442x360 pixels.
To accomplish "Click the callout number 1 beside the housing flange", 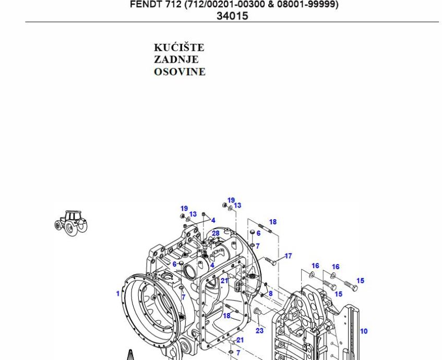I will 118,293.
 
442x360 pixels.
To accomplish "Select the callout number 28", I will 216,233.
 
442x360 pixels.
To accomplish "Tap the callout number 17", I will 288,256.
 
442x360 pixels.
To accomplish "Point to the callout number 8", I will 270,293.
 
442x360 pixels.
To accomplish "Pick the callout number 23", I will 259,330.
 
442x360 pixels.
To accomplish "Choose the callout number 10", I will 364,331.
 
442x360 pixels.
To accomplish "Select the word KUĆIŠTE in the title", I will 179,48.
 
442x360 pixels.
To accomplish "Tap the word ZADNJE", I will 176,60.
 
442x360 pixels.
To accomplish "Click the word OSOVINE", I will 180,72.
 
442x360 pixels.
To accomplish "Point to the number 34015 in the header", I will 232,16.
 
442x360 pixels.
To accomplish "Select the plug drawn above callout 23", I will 257,312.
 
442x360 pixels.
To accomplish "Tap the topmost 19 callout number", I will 231,200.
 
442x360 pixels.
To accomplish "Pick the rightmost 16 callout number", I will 335,267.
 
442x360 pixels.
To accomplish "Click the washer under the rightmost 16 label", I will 333,275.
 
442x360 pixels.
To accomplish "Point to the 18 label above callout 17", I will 272,222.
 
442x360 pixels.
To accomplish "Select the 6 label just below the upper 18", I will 258,233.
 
